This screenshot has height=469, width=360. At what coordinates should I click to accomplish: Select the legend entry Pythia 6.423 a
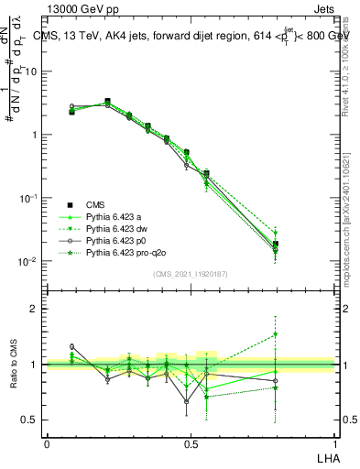tap(116, 216)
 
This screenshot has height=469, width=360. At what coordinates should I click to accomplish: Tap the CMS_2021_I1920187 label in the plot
tap(190, 274)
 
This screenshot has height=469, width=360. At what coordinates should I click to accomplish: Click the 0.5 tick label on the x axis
tap(190, 442)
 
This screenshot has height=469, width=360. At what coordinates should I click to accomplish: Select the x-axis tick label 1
tap(333, 442)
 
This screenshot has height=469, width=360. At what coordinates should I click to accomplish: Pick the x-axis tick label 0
tap(47, 442)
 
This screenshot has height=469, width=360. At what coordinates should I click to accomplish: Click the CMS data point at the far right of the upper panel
tap(276, 245)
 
